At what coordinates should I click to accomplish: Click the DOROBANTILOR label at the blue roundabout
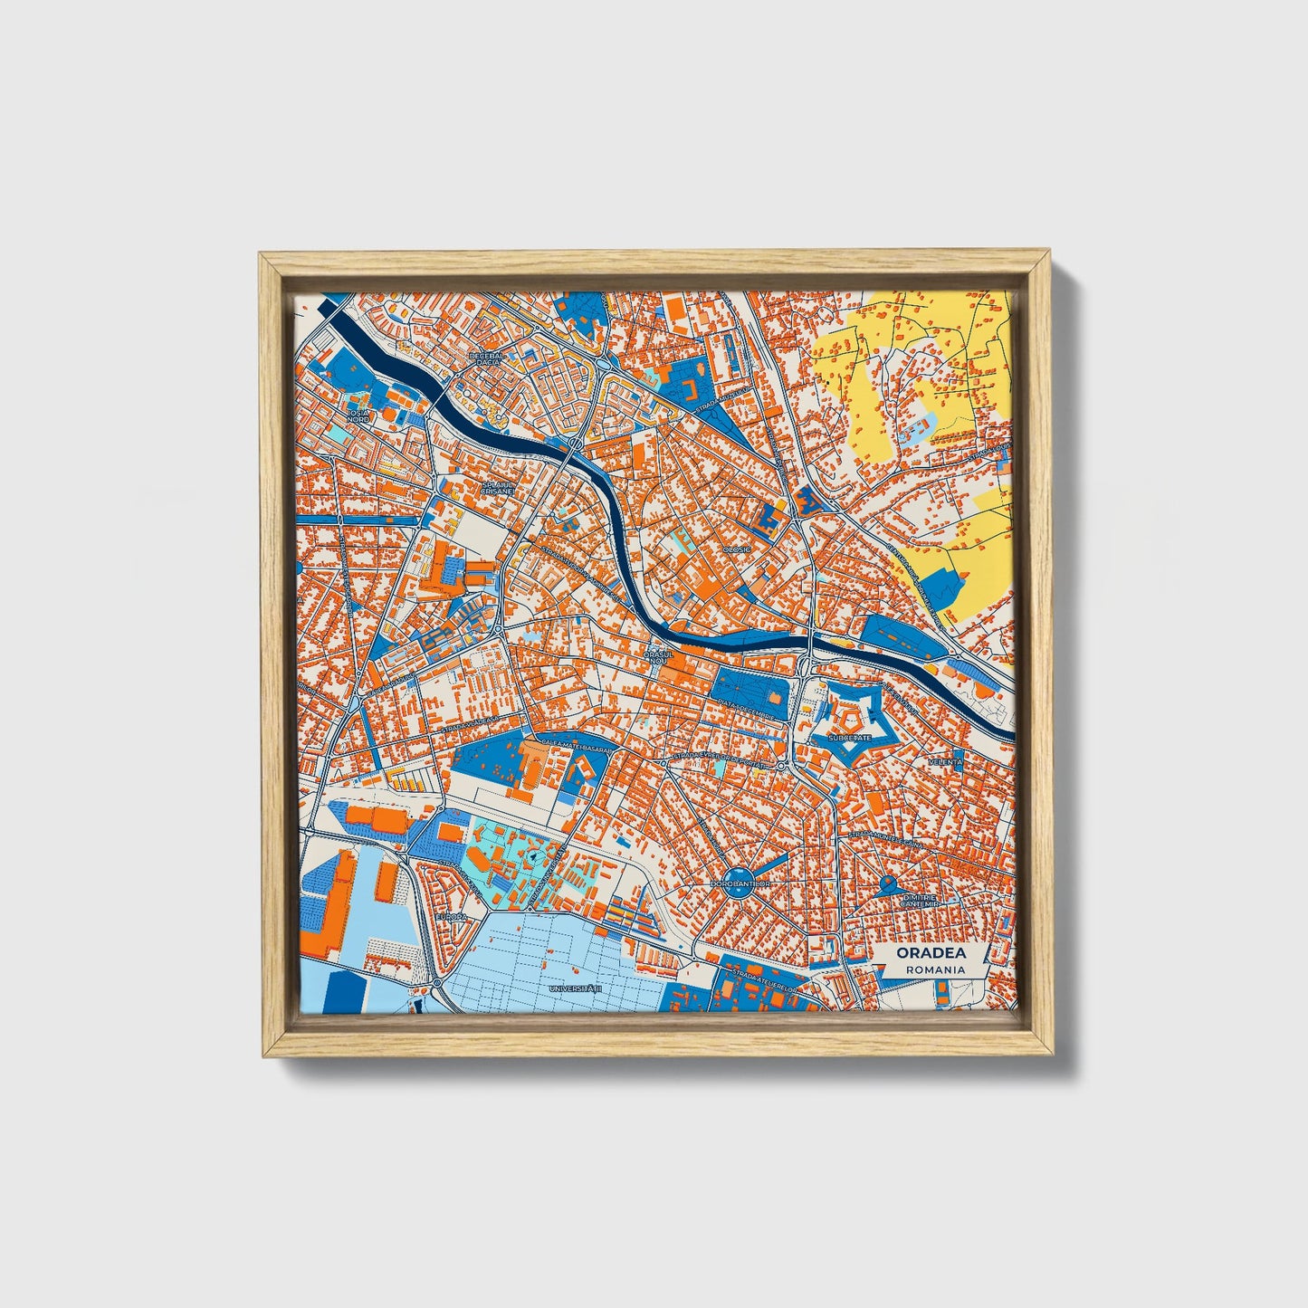tap(740, 883)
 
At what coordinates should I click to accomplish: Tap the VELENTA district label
tap(945, 762)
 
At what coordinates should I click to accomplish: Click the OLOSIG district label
tap(736, 549)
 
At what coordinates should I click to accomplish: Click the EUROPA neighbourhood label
tap(450, 917)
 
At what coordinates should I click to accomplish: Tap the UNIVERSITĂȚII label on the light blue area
tap(575, 989)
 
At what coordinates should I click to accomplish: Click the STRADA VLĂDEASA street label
tap(470, 724)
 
